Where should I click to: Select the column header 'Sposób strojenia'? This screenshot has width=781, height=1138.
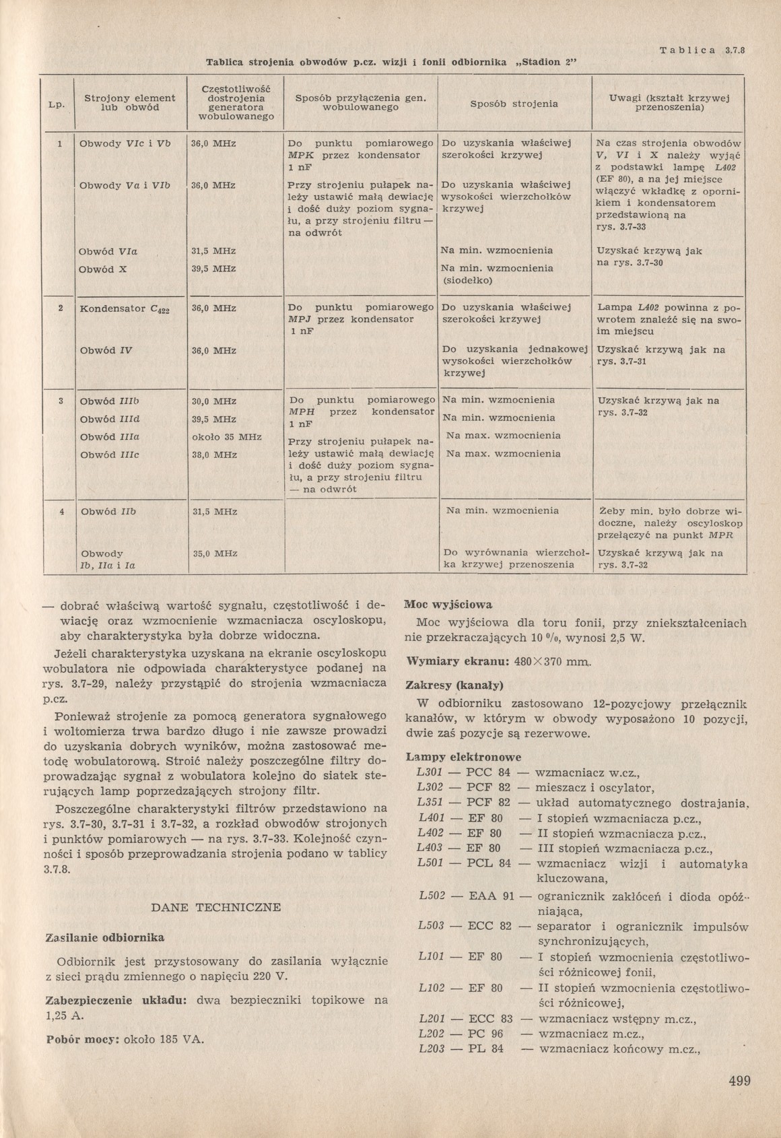coord(514,104)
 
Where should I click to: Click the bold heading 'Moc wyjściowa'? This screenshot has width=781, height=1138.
coord(448,605)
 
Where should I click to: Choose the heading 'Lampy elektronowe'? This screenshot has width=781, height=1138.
coord(463,757)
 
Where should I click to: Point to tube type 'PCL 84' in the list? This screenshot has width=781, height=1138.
coord(489,863)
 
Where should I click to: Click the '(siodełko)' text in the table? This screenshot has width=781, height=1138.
coord(468,280)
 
